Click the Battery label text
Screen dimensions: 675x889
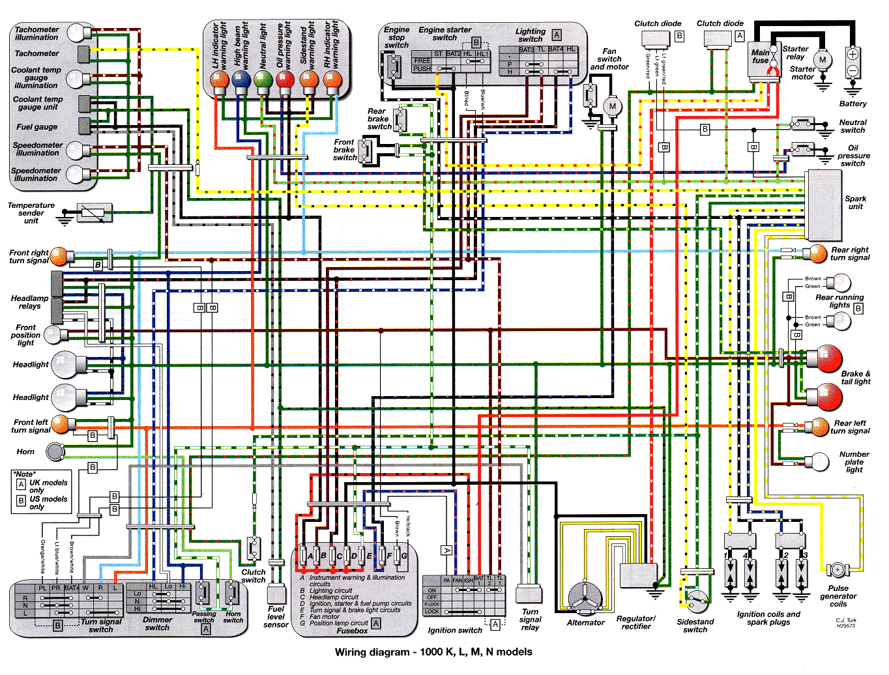(853, 104)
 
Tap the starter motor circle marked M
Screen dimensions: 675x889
(823, 60)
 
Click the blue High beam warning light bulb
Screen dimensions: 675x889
(241, 80)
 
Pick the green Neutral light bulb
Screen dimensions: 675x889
(263, 80)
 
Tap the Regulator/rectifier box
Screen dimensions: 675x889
(638, 577)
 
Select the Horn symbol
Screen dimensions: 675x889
(55, 451)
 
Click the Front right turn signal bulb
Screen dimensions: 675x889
(59, 256)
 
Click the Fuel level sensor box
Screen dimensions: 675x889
(276, 594)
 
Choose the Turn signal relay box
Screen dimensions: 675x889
(529, 594)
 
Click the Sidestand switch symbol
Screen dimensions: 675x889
(697, 601)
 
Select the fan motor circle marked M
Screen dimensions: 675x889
(612, 106)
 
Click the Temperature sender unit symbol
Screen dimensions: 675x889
(94, 212)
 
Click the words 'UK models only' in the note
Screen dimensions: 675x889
(48, 486)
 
